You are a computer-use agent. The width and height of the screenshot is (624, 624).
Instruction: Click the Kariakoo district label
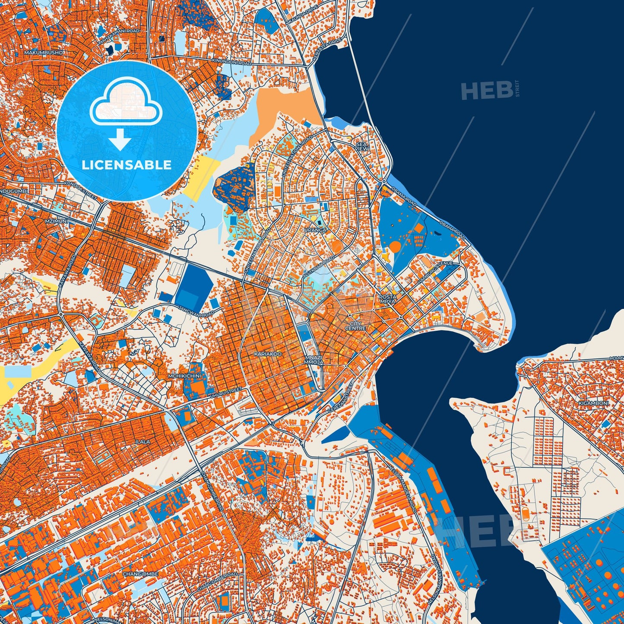[x=268, y=354]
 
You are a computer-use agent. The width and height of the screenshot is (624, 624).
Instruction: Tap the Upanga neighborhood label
[x=315, y=230]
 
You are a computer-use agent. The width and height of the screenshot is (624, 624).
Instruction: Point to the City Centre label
[x=355, y=326]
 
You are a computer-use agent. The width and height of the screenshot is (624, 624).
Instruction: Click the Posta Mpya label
[x=387, y=300]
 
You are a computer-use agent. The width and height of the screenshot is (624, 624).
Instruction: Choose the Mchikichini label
[x=184, y=376]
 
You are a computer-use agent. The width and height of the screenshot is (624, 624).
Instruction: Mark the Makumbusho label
[x=44, y=52]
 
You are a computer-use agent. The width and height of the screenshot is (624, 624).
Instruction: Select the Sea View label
[x=362, y=146]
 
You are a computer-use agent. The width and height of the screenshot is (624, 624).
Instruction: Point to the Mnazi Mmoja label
[x=314, y=360]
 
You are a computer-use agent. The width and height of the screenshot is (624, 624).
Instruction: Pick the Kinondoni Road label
[x=231, y=62]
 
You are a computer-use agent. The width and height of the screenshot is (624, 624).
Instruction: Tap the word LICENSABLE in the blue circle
[x=127, y=165]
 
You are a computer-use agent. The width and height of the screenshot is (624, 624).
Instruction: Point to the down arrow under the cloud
[x=120, y=139]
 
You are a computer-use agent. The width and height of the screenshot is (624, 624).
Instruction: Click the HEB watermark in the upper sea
[x=487, y=91]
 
